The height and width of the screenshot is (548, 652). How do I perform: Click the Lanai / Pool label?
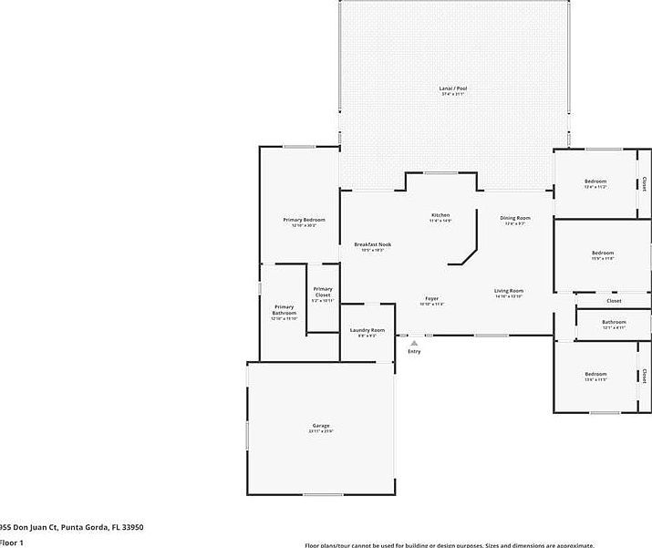click(x=453, y=88)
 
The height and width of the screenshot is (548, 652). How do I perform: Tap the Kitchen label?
click(x=440, y=215)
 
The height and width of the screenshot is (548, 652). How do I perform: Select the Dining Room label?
click(x=515, y=218)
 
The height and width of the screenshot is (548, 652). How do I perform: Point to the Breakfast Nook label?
click(x=372, y=244)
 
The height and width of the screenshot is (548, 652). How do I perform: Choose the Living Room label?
click(x=509, y=291)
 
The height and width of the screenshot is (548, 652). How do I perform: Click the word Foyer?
click(x=431, y=299)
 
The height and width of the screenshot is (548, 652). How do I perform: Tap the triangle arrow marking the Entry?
click(x=414, y=343)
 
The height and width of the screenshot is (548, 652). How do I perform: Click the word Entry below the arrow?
click(x=414, y=351)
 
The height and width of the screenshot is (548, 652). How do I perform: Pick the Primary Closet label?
click(x=323, y=292)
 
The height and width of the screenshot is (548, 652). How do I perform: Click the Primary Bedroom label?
click(x=304, y=220)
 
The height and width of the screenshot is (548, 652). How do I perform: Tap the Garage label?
click(x=321, y=426)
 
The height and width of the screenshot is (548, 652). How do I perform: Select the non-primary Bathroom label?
click(x=614, y=322)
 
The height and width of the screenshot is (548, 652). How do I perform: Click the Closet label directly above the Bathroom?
click(x=614, y=300)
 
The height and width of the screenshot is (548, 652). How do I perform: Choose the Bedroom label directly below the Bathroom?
click(x=595, y=375)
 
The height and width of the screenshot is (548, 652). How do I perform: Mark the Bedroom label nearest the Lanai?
click(x=595, y=181)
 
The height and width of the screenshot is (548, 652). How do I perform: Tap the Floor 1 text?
click(x=11, y=543)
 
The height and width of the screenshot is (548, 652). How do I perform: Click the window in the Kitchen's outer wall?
click(x=440, y=172)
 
